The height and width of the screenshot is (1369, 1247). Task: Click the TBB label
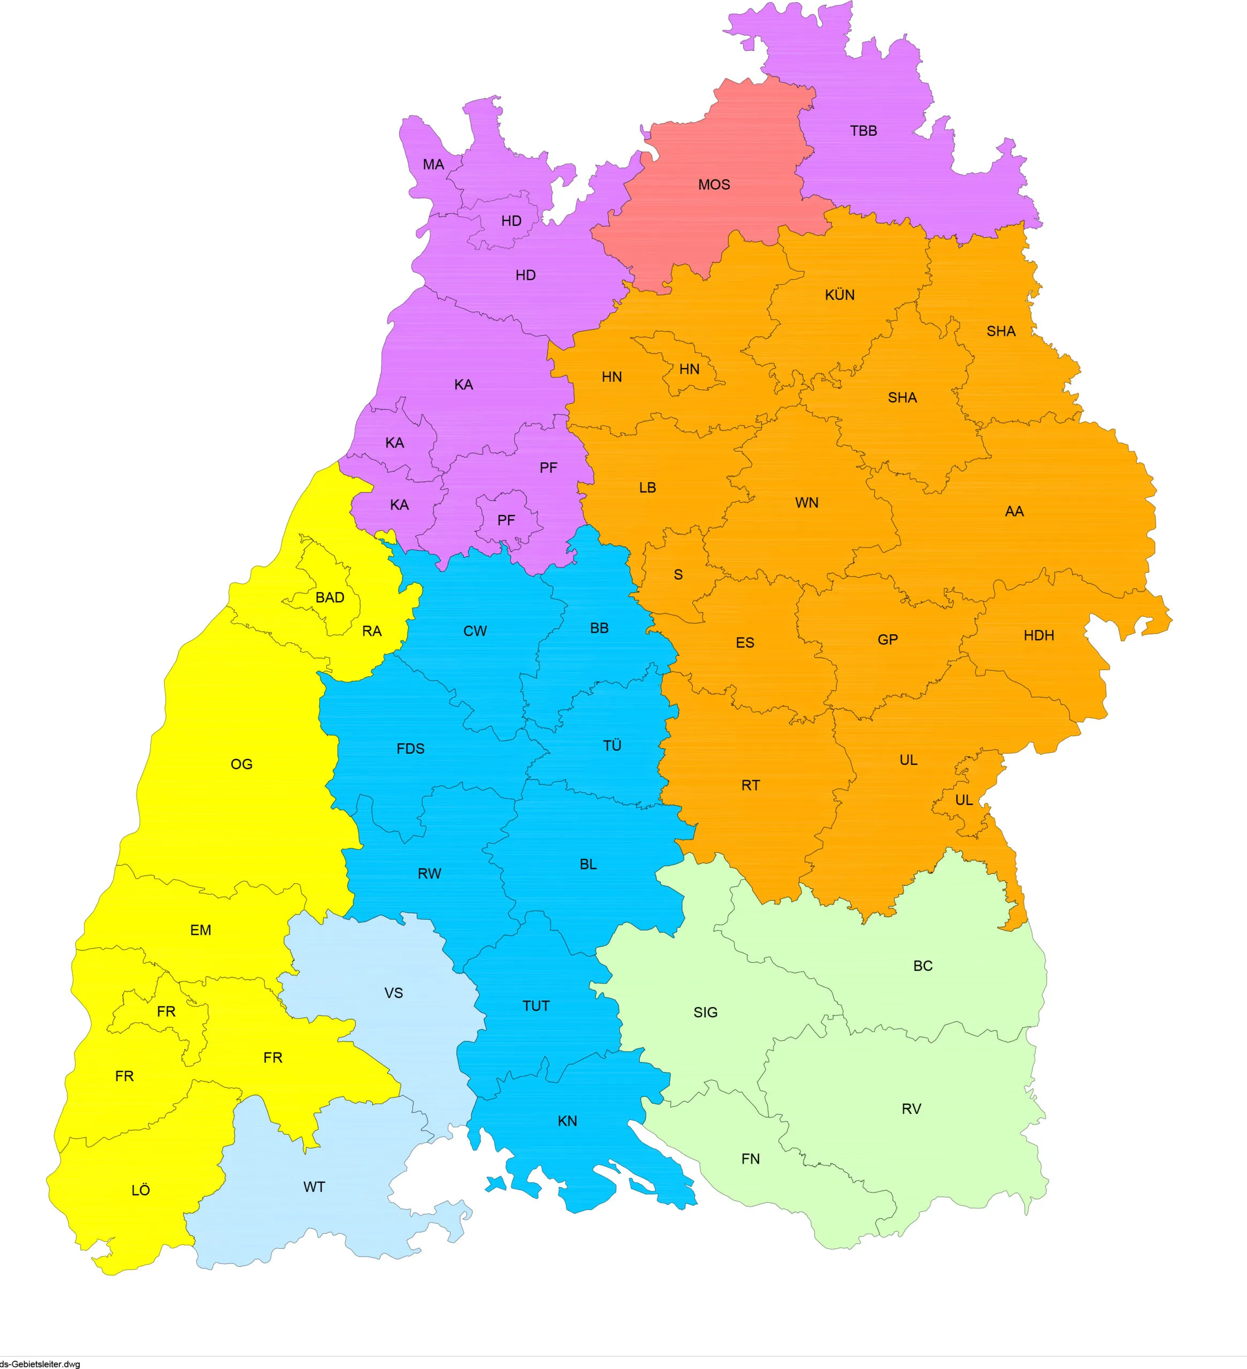click(863, 130)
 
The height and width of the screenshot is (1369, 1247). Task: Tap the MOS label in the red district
click(714, 184)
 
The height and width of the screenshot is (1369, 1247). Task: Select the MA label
click(433, 164)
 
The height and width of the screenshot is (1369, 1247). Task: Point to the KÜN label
click(839, 295)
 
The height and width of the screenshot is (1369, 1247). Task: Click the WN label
click(807, 503)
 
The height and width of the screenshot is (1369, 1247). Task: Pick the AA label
click(1014, 511)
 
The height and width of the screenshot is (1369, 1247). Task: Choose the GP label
click(888, 639)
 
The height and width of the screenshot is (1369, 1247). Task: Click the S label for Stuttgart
click(678, 574)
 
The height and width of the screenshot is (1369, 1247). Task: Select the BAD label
click(330, 597)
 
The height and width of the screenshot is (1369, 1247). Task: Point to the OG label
click(242, 765)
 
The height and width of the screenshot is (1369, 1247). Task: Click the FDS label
click(410, 748)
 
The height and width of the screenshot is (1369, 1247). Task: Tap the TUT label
click(536, 1006)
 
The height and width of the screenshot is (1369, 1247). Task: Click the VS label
click(393, 993)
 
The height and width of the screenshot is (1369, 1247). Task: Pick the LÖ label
click(141, 1190)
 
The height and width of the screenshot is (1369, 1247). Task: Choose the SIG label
click(706, 1012)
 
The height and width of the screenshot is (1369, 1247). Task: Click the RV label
click(912, 1109)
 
